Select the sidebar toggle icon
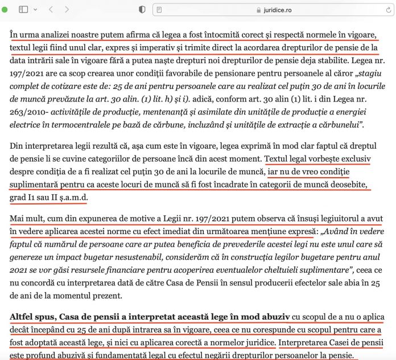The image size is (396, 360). coord(23,10)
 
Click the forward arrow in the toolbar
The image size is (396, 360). coord(67,10)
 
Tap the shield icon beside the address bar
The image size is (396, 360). coord(142,10)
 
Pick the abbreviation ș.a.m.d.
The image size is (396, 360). coord(72,198)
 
